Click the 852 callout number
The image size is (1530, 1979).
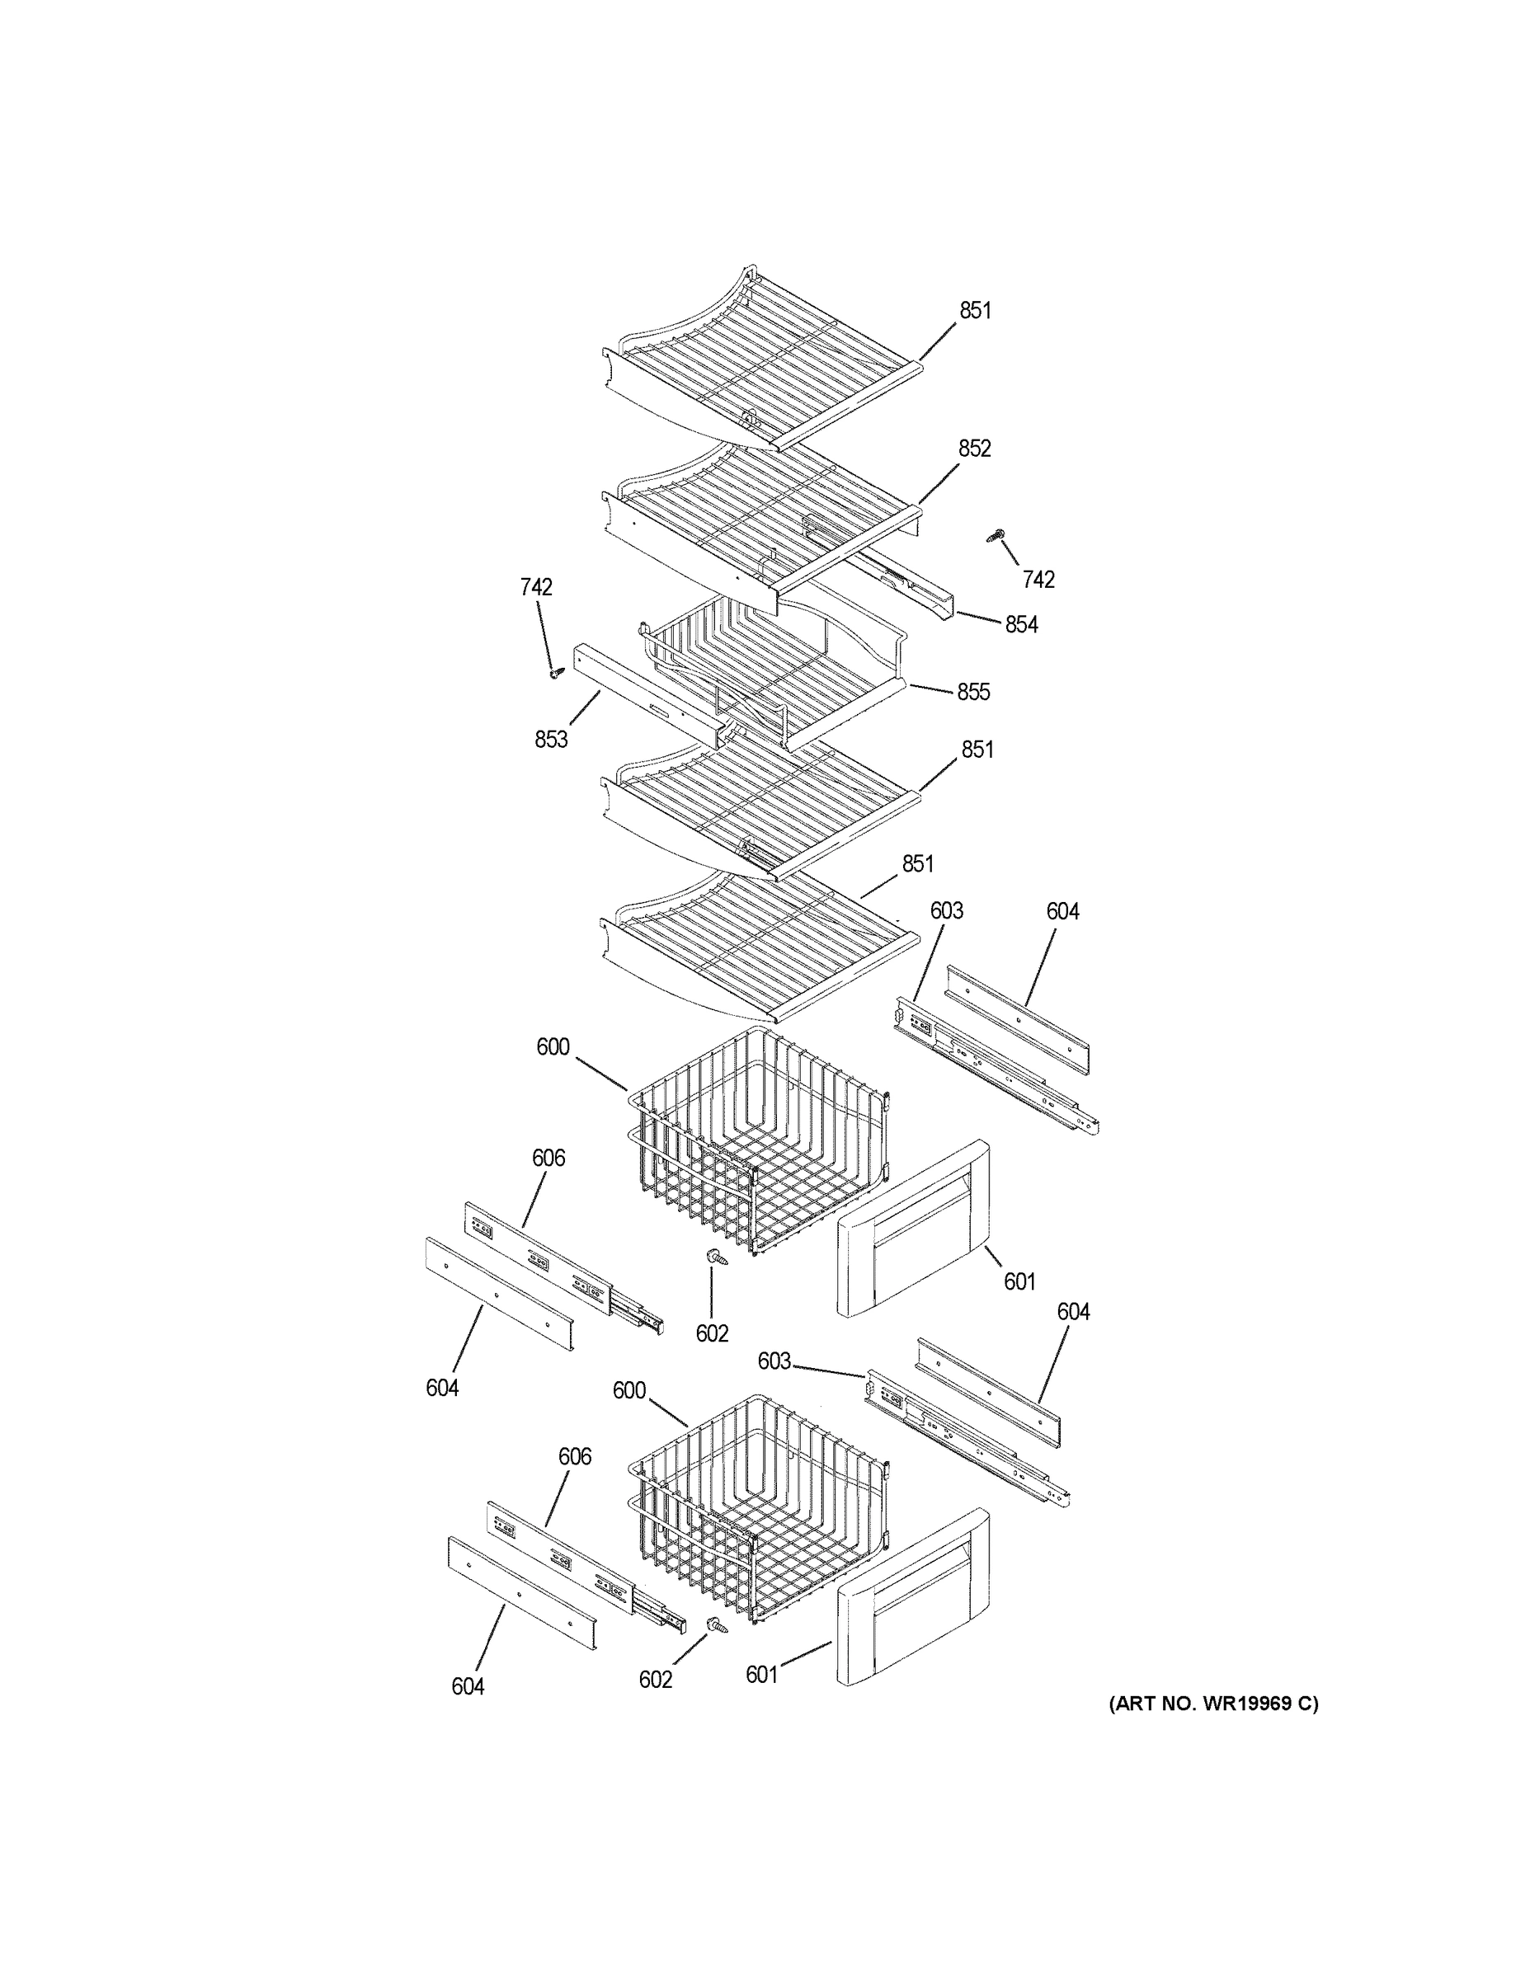pos(974,449)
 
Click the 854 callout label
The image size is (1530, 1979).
pos(1020,624)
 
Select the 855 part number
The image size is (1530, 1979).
pos(973,693)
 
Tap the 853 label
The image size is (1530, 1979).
pos(550,740)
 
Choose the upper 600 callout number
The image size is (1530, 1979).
pos(553,1047)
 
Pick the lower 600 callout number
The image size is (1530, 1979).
pos(629,1390)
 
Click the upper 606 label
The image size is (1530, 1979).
pos(548,1158)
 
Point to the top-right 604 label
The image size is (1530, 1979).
pos(1062,911)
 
